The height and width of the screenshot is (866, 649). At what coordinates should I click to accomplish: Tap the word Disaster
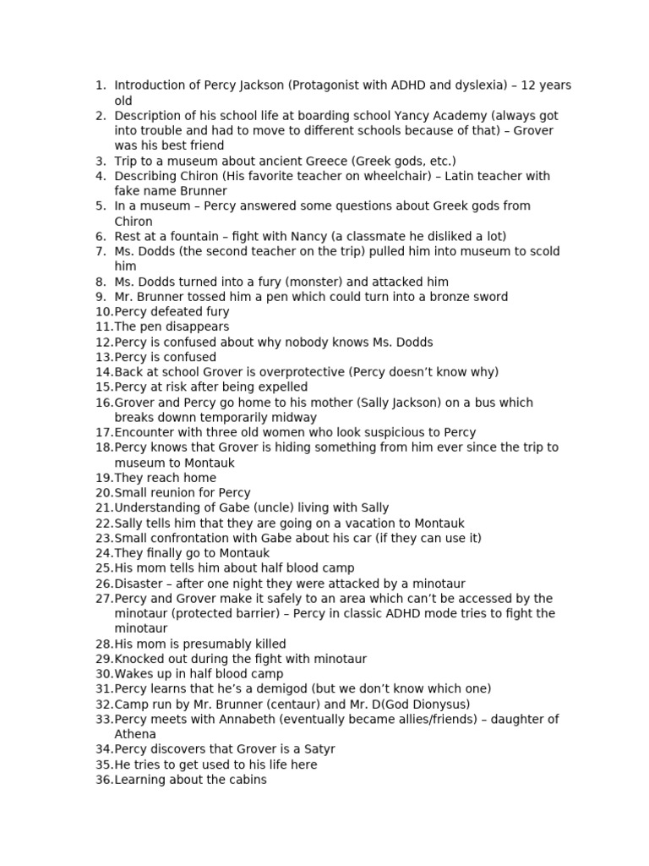click(x=141, y=584)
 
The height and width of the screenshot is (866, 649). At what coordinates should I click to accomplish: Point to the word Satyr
click(x=319, y=749)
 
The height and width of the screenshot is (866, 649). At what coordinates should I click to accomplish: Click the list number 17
click(x=103, y=432)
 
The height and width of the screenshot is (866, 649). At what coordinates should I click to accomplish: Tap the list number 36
click(x=103, y=780)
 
